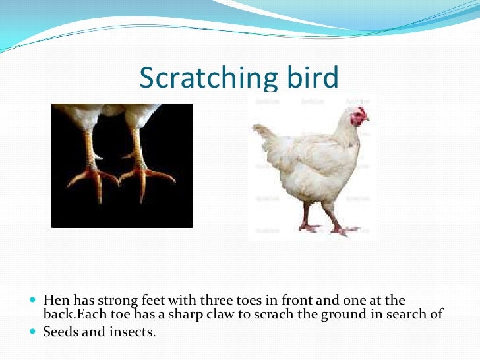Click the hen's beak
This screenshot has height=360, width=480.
point(367,121)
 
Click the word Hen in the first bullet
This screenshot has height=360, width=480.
point(55,300)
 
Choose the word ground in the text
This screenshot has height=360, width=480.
point(340,315)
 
